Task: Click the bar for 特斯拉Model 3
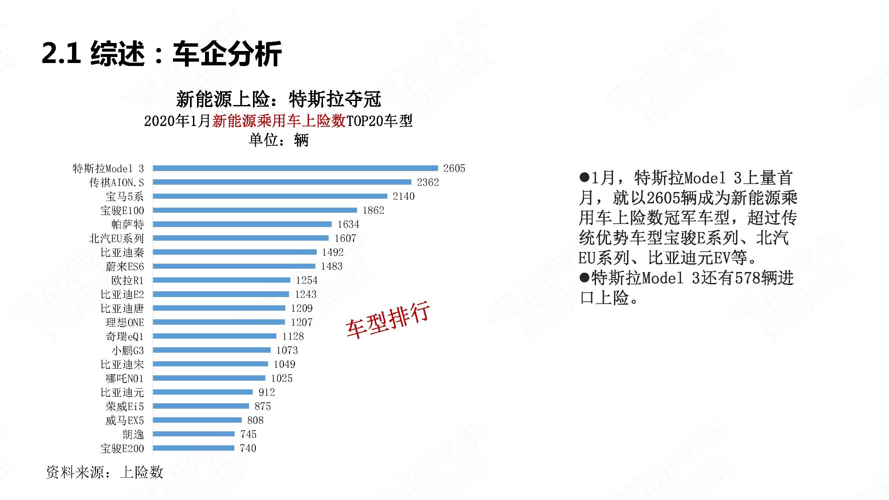pyautogui.click(x=295, y=168)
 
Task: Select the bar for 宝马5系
pyautogui.click(x=270, y=196)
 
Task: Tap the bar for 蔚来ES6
pyautogui.click(x=234, y=266)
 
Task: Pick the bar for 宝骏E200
pyautogui.click(x=193, y=448)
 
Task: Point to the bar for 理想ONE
pyautogui.click(x=219, y=322)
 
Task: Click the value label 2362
pyautogui.click(x=428, y=182)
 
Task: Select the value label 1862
pyautogui.click(x=373, y=210)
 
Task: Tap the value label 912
pyautogui.click(x=266, y=392)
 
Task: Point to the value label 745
pyautogui.click(x=248, y=434)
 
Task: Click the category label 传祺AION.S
pyautogui.click(x=116, y=183)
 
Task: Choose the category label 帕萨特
pyautogui.click(x=127, y=224)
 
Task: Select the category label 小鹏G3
pyautogui.click(x=127, y=350)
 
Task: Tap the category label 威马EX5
pyautogui.click(x=125, y=420)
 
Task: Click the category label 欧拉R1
pyautogui.click(x=127, y=280)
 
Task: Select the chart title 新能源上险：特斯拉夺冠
pyautogui.click(x=278, y=99)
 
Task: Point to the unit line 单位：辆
pyautogui.click(x=278, y=140)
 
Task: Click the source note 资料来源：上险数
pyautogui.click(x=104, y=472)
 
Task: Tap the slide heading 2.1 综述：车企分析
pyautogui.click(x=162, y=54)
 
